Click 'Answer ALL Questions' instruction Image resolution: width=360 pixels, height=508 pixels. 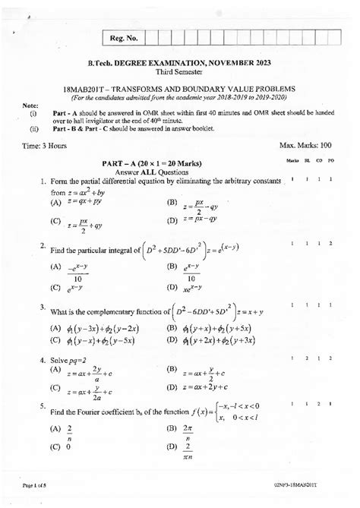pos(181,172)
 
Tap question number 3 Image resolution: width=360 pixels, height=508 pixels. pos(42,305)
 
